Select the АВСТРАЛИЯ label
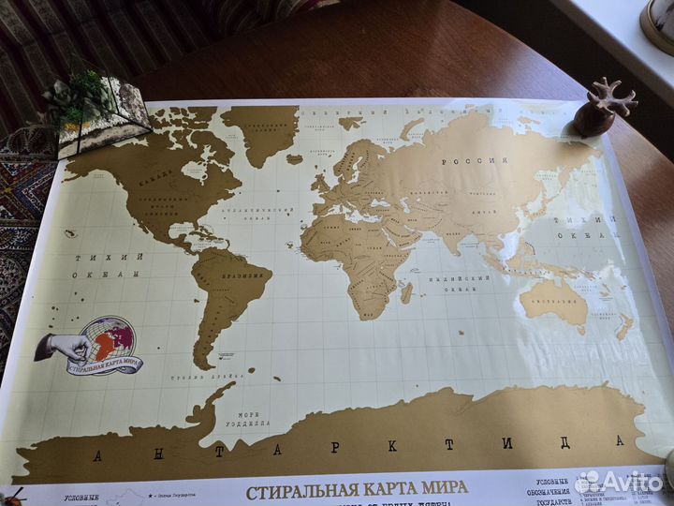click(553, 301)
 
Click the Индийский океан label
click(459, 284)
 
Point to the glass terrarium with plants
click(98, 112)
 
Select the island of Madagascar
click(406, 292)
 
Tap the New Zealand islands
click(624, 325)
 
